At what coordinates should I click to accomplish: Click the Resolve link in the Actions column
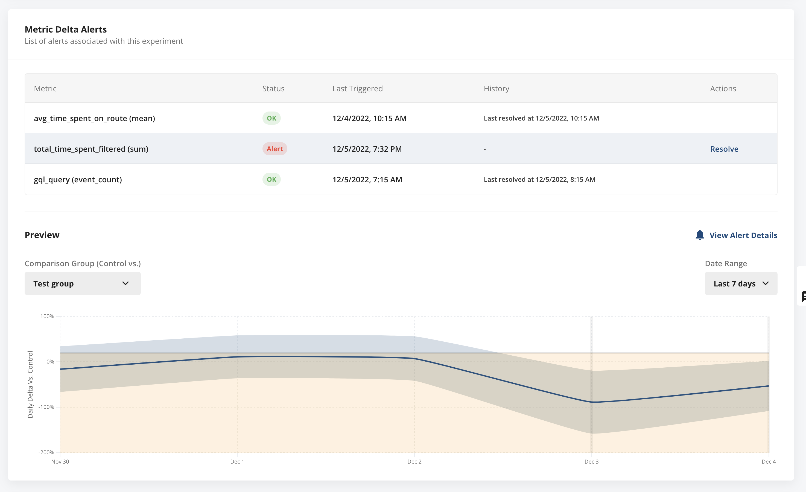tap(724, 149)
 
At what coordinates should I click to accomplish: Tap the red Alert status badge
tap(274, 149)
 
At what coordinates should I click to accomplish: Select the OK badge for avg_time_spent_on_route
tap(271, 118)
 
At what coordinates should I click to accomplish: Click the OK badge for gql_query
tap(271, 179)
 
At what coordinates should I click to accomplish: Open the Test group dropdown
tap(83, 283)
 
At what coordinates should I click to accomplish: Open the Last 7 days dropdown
tap(741, 283)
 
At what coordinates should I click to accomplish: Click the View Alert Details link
tap(743, 235)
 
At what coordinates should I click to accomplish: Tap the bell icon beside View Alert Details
tap(699, 235)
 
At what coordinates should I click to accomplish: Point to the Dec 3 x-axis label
tap(591, 462)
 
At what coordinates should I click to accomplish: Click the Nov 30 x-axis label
tap(60, 462)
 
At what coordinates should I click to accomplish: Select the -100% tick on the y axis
tap(46, 407)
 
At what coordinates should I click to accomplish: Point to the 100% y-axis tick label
tap(47, 316)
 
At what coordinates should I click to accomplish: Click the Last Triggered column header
tap(357, 89)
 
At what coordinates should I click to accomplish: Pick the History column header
tap(496, 89)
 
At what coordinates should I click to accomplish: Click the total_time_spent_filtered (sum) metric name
tap(91, 149)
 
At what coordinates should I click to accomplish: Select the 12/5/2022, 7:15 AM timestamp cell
tap(367, 179)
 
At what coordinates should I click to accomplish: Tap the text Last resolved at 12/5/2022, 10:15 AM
tap(541, 118)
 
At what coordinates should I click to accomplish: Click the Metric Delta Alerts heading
tap(66, 30)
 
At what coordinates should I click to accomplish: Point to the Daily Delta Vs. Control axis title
tap(30, 384)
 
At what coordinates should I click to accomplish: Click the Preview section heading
tap(42, 235)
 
